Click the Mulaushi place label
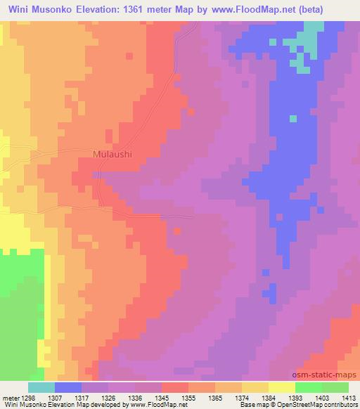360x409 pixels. pos(112,154)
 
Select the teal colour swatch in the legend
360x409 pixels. pos(41,387)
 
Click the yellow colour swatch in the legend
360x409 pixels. pos(281,387)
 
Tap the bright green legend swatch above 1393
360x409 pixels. pos(308,387)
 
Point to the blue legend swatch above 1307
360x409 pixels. pos(68,387)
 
